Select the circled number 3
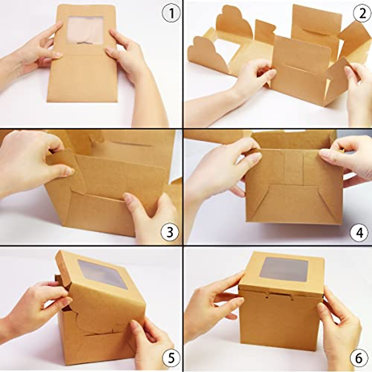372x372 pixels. coord(170,232)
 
